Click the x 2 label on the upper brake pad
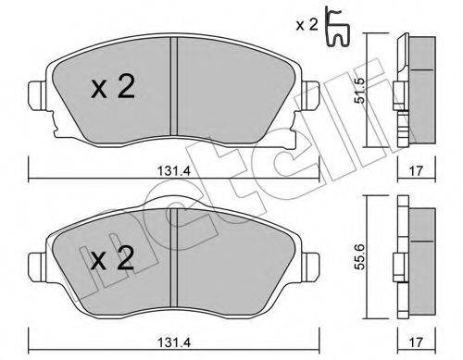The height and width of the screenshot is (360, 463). pyautogui.click(x=114, y=89)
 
